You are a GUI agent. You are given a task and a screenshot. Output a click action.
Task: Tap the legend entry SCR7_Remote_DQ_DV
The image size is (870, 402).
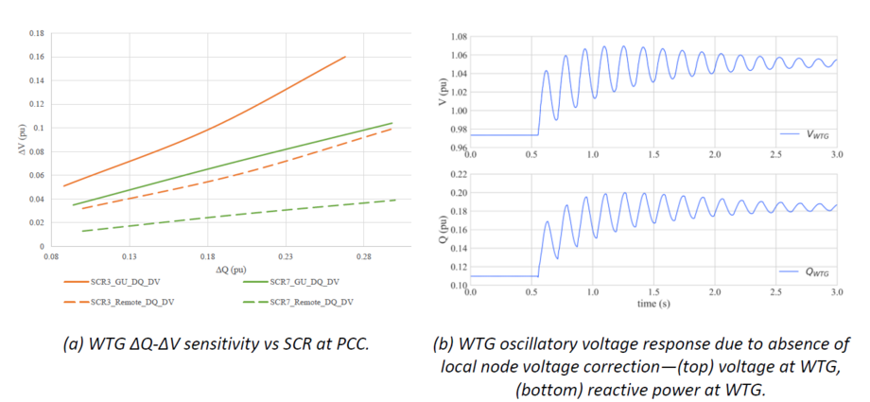click(x=308, y=302)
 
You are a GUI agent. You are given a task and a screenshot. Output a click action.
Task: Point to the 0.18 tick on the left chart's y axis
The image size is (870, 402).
click(x=35, y=33)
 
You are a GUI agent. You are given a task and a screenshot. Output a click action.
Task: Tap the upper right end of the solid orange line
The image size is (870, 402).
click(x=345, y=57)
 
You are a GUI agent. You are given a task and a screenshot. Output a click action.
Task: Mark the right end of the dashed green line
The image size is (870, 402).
click(x=394, y=200)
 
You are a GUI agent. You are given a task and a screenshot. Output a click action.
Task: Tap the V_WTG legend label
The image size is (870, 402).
click(x=815, y=136)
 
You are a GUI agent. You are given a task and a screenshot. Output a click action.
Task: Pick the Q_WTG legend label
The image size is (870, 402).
click(x=815, y=272)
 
